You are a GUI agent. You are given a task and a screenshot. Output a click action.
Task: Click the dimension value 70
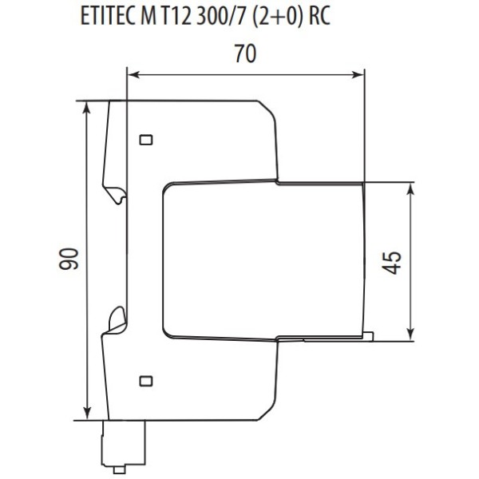(x=245, y=55)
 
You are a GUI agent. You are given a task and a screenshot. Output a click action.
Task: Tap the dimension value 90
(x=69, y=259)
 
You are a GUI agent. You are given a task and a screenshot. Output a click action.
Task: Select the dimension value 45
(x=392, y=261)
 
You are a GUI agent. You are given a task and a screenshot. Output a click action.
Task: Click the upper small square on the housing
(x=145, y=141)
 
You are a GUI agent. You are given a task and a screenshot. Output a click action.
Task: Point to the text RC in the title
(x=319, y=18)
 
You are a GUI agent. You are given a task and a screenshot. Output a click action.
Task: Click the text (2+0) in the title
(x=274, y=18)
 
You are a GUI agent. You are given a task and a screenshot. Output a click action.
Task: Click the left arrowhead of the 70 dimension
(x=133, y=75)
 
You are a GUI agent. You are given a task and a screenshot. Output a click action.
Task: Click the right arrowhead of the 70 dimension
(x=359, y=75)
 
